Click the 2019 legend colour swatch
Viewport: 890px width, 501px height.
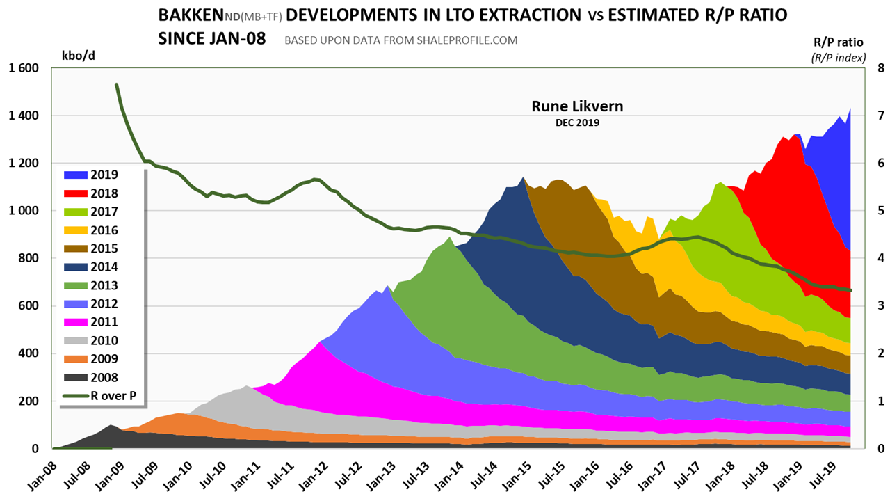point(72,175)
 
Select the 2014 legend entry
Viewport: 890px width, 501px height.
point(104,267)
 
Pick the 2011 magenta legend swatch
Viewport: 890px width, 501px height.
point(72,322)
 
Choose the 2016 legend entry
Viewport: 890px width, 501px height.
point(104,230)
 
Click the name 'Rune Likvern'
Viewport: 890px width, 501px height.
point(577,106)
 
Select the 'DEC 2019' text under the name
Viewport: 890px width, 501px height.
point(577,122)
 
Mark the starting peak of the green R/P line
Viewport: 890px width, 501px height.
point(116,84)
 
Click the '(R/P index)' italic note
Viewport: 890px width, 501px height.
point(838,58)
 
